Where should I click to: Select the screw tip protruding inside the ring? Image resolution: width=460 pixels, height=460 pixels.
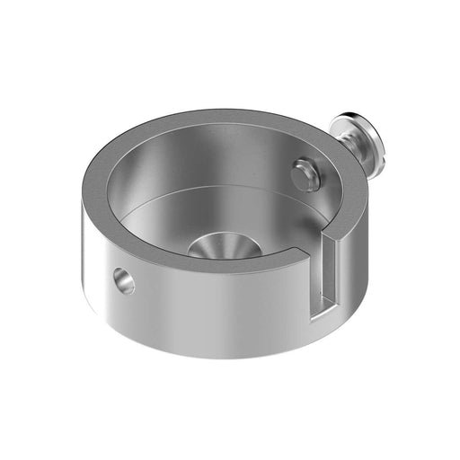pos(305,173)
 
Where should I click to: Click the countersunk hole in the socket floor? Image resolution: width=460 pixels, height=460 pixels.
pos(224,245)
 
